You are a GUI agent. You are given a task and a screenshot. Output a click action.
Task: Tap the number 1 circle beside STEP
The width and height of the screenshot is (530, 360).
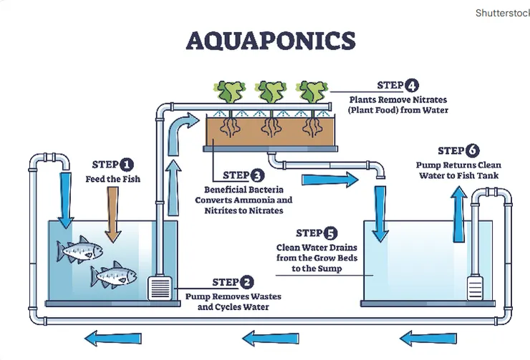(127, 164)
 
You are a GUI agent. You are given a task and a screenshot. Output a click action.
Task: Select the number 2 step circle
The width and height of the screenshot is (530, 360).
(246, 282)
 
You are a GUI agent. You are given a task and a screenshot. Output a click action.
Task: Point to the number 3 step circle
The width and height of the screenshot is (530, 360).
(257, 175)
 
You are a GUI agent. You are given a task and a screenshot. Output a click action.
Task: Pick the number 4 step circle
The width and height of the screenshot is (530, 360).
(412, 86)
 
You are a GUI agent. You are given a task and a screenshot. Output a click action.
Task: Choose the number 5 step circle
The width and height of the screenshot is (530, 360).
(330, 233)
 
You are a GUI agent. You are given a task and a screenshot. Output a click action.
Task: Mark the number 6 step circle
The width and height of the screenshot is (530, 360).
(472, 150)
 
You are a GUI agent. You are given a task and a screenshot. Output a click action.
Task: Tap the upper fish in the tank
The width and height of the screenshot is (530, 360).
(80, 250)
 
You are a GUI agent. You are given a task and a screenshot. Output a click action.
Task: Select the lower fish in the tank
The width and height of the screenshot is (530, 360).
(113, 274)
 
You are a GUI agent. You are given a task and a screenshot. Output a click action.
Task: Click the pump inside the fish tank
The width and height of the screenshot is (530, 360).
(160, 289)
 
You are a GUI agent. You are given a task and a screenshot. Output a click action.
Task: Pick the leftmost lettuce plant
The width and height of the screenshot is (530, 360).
(231, 92)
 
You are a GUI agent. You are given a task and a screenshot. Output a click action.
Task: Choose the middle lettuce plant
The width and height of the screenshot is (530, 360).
(271, 92)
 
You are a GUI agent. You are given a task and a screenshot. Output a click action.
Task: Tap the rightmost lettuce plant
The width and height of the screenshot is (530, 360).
(312, 92)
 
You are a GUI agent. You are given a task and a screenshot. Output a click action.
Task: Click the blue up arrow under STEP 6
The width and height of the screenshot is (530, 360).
(458, 208)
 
